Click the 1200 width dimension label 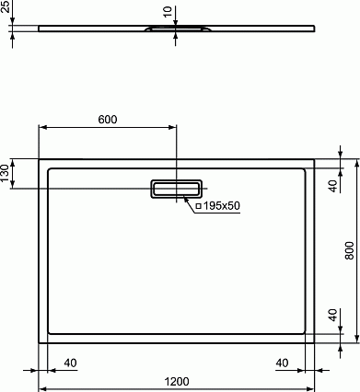click(177, 382)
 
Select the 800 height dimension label click(349, 250)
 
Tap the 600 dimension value click(108, 120)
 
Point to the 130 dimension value click(5, 173)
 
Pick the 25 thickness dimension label click(5, 6)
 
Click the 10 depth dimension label click(168, 12)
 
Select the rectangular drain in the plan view click(176, 189)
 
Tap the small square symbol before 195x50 click(198, 206)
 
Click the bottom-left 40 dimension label click(70, 363)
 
